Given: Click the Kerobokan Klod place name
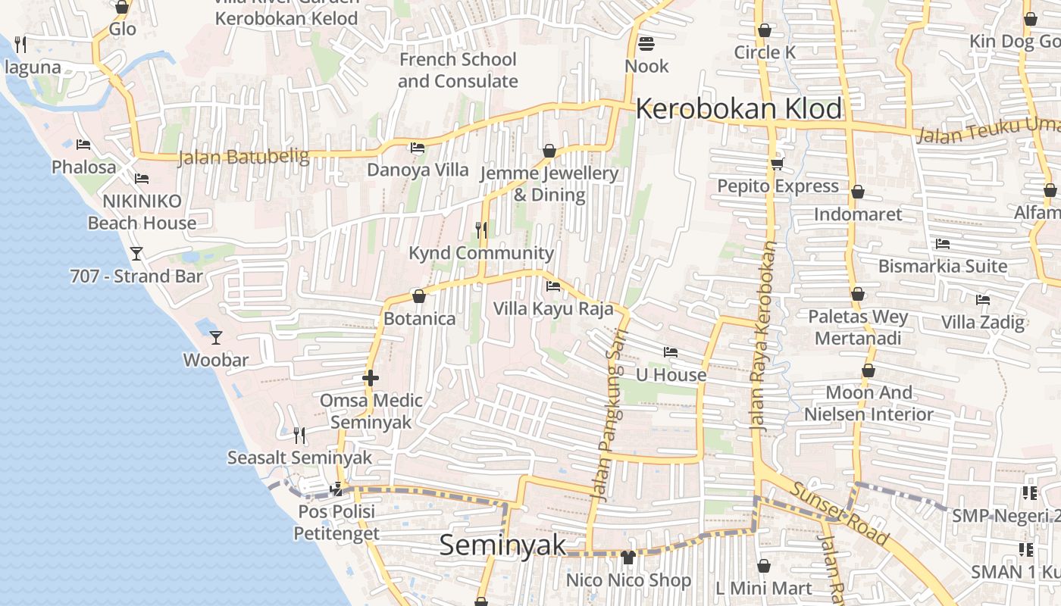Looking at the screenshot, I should (x=738, y=109).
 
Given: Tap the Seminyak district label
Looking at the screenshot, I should (x=502, y=545).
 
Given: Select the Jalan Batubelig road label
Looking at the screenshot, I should (x=243, y=158).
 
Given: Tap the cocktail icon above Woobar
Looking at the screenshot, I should (x=216, y=337).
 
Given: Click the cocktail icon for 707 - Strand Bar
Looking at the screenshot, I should (x=136, y=253).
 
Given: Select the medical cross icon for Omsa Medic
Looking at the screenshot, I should (x=371, y=377).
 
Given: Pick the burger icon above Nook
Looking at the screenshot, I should (x=646, y=43).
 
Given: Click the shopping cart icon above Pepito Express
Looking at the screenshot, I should (x=777, y=164).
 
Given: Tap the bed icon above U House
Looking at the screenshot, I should (x=670, y=352).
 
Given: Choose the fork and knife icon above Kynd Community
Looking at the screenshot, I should (x=481, y=230).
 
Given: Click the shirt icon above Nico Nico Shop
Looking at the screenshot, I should (x=628, y=558).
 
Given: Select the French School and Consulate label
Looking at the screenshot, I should (x=458, y=70).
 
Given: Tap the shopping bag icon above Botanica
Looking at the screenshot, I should (x=419, y=296).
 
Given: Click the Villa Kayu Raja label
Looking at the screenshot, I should (x=553, y=309).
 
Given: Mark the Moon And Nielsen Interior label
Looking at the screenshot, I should (x=869, y=403).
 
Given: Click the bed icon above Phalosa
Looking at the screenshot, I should (x=83, y=145).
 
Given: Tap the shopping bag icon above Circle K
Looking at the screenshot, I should (x=765, y=30).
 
